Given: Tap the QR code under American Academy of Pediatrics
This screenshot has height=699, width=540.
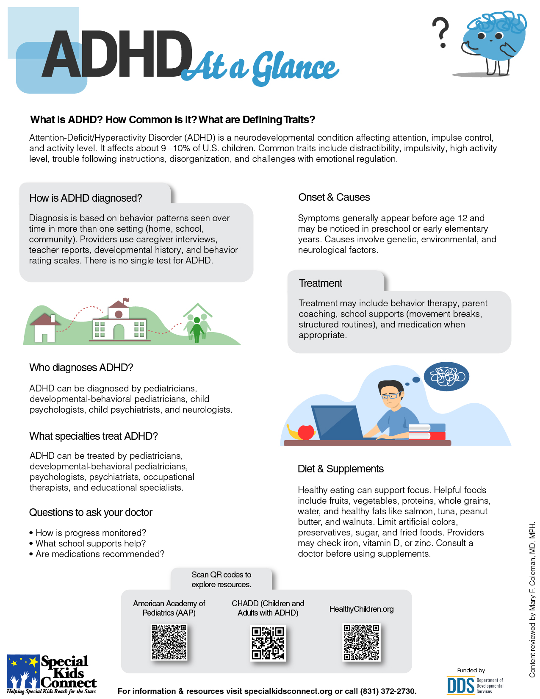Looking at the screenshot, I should coord(169,642).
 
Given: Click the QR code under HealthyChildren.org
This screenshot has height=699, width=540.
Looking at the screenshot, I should coord(361,642).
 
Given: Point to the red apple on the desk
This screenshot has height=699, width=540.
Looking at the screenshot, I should coord(306,432).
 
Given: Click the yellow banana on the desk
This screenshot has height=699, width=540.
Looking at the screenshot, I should coord(292,432).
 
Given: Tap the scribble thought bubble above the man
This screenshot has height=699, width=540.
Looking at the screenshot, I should coord(446,376).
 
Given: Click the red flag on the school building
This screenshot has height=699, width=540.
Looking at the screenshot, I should coord(126,301).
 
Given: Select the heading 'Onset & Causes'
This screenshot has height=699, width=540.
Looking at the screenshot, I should coord(334,197).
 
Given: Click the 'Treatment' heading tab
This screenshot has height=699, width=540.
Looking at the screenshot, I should coord(321,283).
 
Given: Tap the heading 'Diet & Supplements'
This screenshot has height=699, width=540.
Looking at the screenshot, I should coord(341,469).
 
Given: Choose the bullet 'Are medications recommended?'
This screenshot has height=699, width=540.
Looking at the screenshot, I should coord(100,554).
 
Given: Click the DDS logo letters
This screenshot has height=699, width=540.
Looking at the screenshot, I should coord(460,685).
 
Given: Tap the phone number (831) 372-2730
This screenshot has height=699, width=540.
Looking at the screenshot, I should coord(388,691).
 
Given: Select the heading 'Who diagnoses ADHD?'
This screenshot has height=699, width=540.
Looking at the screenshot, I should coord(81,368).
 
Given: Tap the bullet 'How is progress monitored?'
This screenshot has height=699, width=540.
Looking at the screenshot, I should coord(91,533).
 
